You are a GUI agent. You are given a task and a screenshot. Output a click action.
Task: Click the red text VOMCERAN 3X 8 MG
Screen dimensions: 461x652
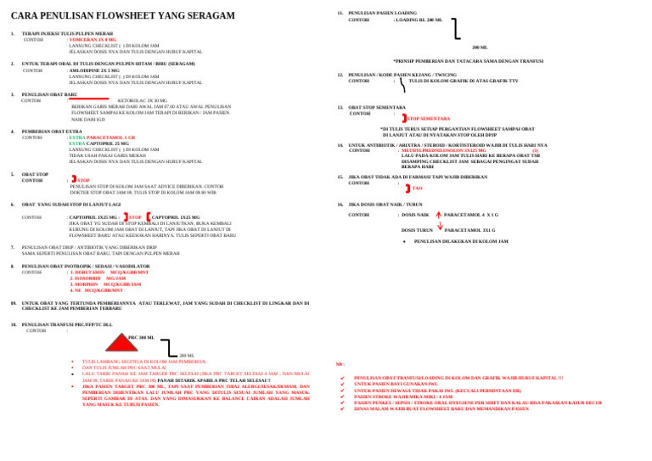[x=93, y=40]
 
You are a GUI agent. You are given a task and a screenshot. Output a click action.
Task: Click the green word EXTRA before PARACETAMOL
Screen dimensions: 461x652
[x=76, y=138]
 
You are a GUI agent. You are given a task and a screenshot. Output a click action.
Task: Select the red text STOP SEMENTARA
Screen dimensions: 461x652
[x=429, y=119]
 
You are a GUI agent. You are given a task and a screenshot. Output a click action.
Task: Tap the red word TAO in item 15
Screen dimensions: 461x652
[x=417, y=188]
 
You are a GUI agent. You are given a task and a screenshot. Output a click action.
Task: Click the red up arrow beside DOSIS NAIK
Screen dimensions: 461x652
[x=438, y=216]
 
